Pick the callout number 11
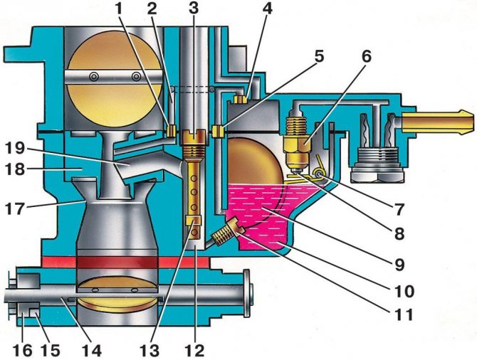tap(404, 314)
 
